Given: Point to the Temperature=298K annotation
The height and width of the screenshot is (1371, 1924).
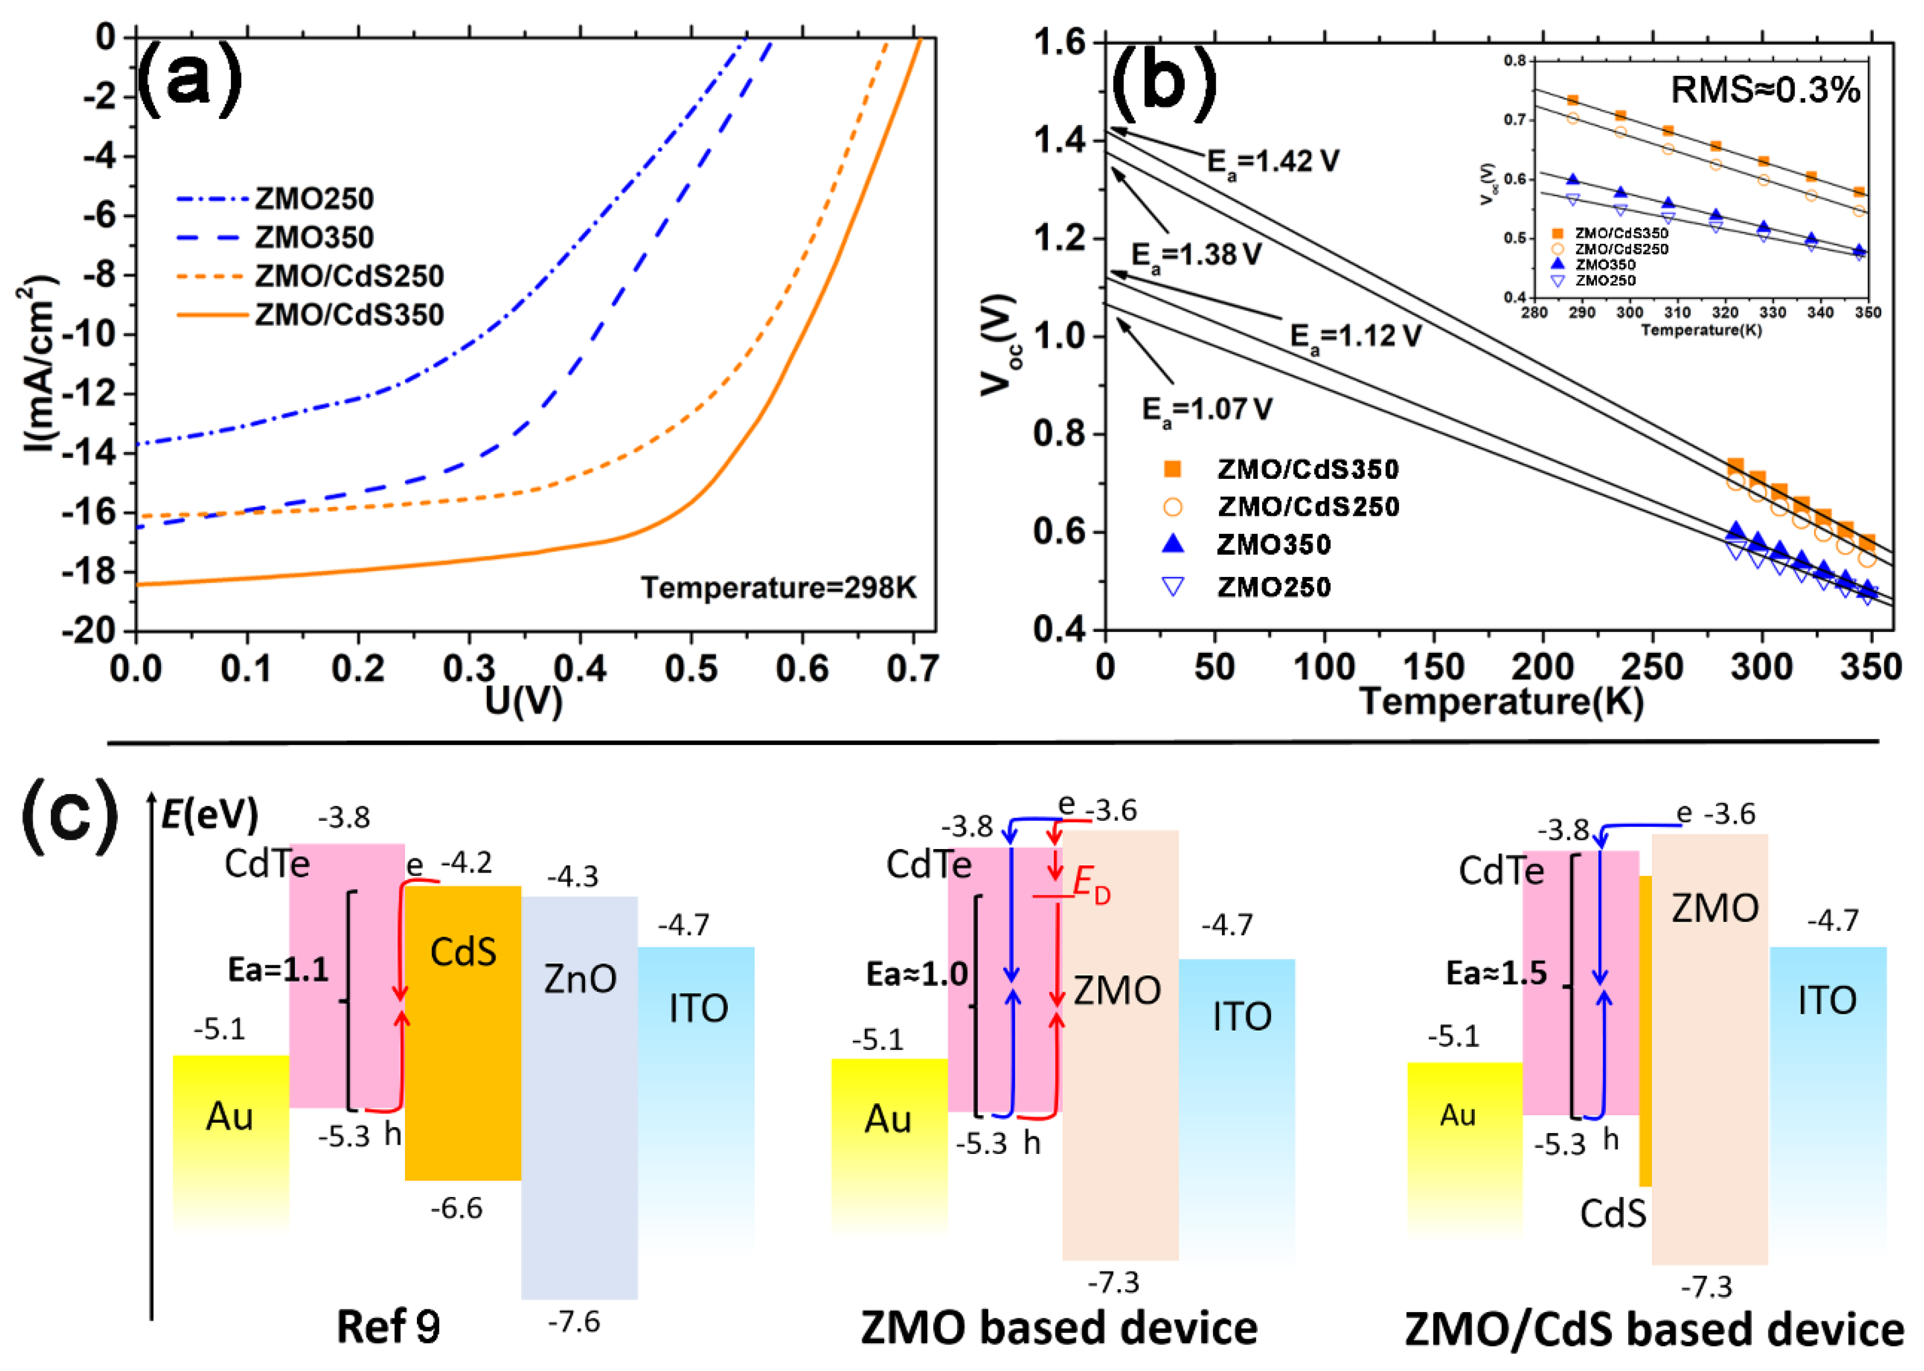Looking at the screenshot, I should pos(778,587).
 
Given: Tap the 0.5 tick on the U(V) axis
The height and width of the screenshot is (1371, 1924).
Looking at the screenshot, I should pos(690,669).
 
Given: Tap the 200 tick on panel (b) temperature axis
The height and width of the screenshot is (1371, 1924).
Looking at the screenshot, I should pos(1542,669).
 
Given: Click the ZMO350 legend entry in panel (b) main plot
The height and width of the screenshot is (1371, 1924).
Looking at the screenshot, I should pos(1273,544).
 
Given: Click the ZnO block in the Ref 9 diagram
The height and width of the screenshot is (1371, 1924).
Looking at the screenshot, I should pos(579,1055).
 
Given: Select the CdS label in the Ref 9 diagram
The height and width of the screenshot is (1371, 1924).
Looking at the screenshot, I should pos(463,952).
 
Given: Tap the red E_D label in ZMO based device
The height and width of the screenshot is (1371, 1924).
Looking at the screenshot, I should pos(1091,886).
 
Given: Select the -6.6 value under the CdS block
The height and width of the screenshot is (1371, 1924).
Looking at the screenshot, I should pos(456,1208).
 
